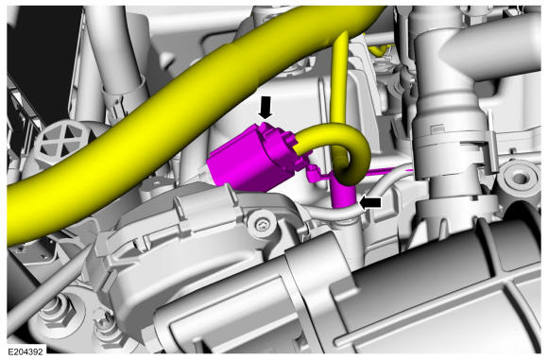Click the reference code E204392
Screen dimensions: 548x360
[x=26, y=351]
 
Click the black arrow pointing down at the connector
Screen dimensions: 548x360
[x=265, y=108]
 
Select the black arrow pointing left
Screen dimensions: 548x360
[x=370, y=203]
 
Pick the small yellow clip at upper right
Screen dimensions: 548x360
[x=378, y=50]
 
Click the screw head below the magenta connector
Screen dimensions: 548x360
[x=262, y=224]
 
